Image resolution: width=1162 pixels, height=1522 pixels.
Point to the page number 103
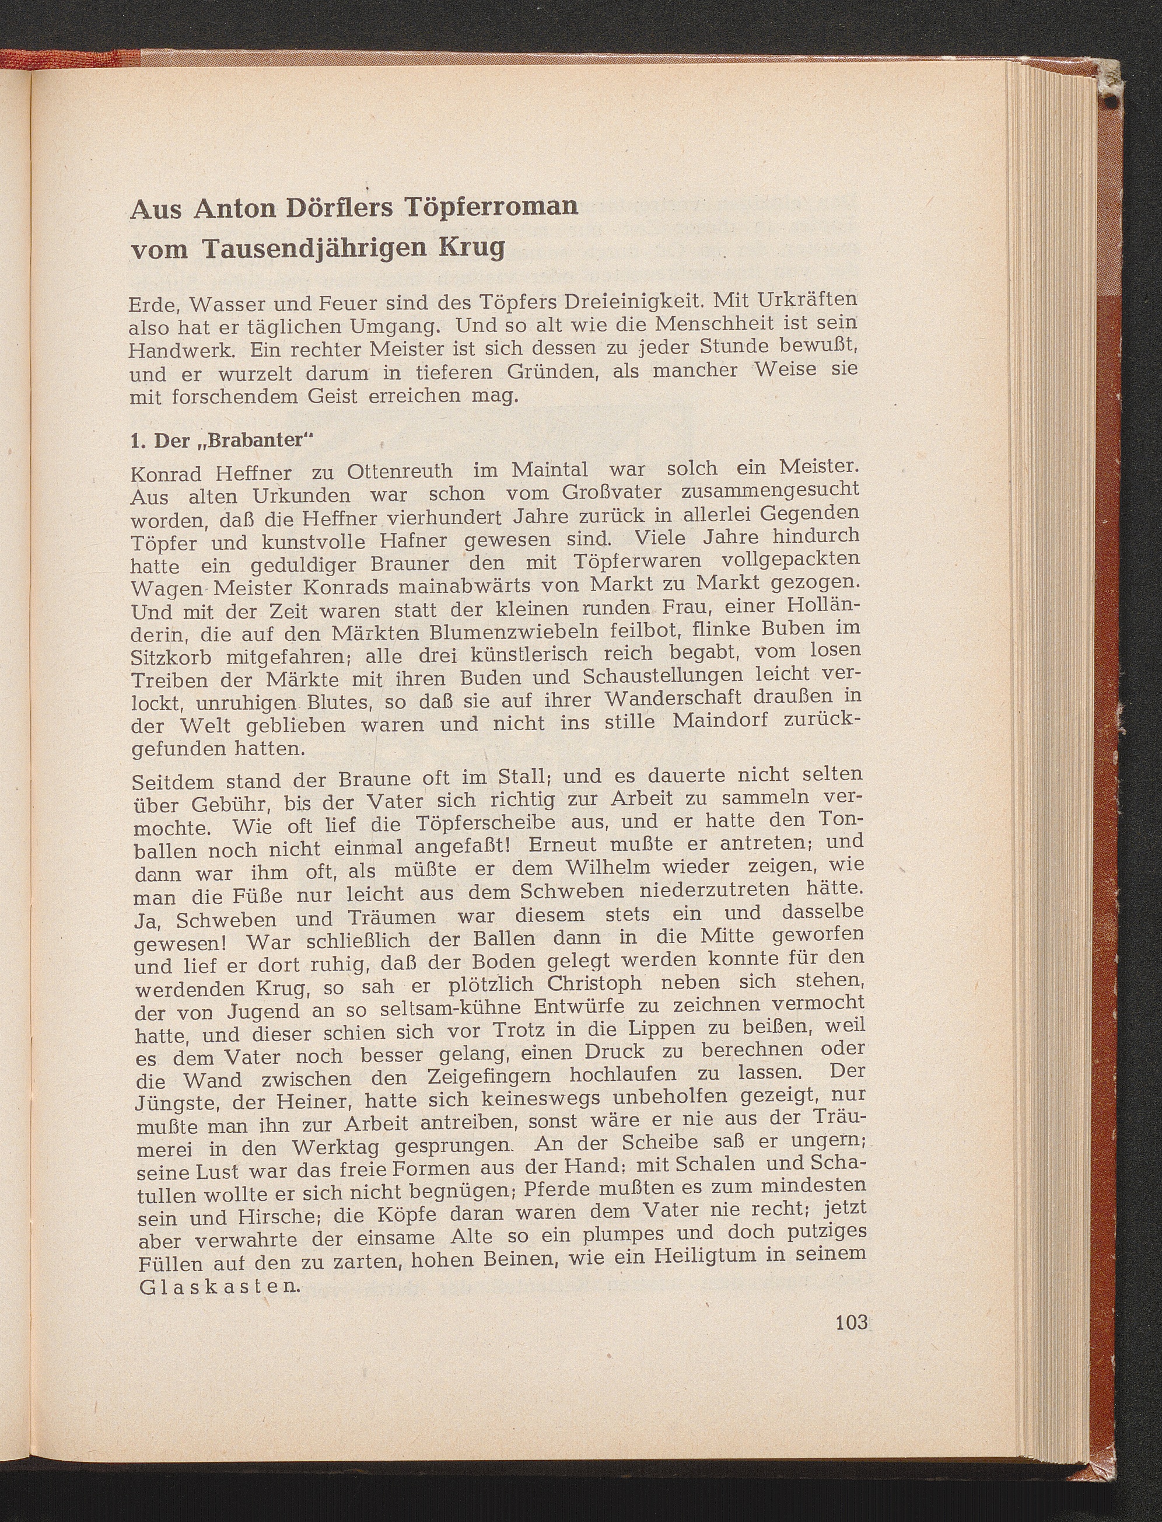850,1322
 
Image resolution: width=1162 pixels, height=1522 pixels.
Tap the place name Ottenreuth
399,473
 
